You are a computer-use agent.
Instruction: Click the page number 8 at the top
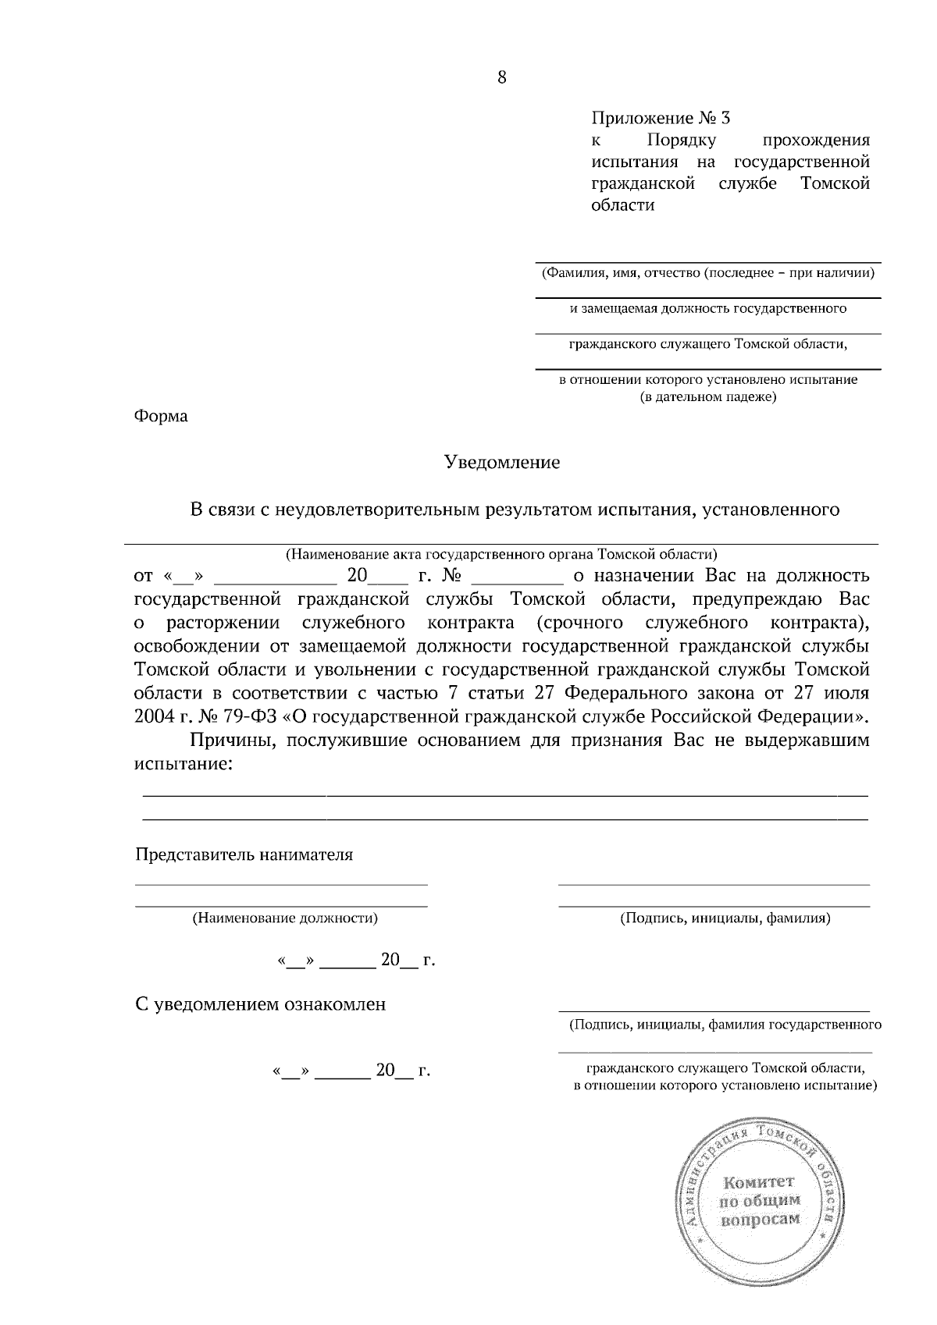[x=501, y=77]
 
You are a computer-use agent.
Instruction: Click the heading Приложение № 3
[x=661, y=119]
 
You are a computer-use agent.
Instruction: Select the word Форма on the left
[x=161, y=416]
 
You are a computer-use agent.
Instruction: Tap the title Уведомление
[x=502, y=462]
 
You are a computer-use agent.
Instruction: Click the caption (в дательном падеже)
[x=707, y=397]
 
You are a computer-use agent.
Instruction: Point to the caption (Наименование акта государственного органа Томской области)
[x=501, y=555]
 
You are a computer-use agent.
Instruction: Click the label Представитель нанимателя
[x=244, y=854]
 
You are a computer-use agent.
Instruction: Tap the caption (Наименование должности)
[x=285, y=918]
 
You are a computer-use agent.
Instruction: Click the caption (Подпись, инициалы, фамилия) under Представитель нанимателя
[x=725, y=918]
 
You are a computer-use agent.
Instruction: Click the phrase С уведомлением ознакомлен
[x=261, y=1004]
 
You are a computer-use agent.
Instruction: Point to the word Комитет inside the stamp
[x=757, y=1182]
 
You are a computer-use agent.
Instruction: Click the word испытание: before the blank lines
[x=183, y=763]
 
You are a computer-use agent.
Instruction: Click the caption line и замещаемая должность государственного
[x=707, y=309]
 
